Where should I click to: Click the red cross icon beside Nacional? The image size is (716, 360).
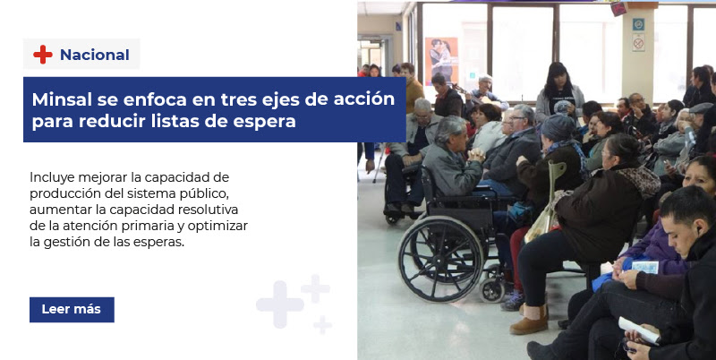point(43,55)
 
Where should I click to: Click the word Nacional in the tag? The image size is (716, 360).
point(95,55)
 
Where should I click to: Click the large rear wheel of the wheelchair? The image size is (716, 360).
point(439,259)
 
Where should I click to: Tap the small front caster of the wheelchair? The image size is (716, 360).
point(491,289)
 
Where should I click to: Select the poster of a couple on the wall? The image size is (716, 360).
point(441,60)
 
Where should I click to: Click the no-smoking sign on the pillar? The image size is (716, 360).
point(638,43)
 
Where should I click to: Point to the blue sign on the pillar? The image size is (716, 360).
point(638,24)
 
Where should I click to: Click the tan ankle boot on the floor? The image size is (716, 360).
point(530,320)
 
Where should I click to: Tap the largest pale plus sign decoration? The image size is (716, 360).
point(280,304)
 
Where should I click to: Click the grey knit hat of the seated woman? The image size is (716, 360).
point(558,127)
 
